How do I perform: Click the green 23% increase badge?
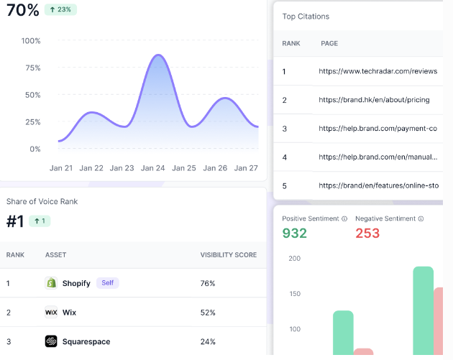click(x=60, y=9)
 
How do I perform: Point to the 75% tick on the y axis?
click(x=32, y=68)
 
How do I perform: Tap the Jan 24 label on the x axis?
click(x=153, y=168)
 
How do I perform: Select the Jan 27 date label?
click(x=247, y=168)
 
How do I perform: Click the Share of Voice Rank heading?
click(x=42, y=202)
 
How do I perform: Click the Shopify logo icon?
click(x=51, y=283)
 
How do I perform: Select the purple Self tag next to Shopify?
click(x=107, y=283)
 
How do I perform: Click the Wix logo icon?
click(x=51, y=313)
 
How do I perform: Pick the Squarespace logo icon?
click(x=51, y=341)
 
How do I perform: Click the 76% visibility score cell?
click(x=208, y=283)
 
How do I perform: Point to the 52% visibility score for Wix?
click(x=208, y=313)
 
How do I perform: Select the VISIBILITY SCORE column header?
click(x=228, y=255)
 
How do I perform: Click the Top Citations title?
click(x=306, y=16)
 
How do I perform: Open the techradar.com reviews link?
click(x=378, y=72)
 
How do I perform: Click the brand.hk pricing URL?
click(x=374, y=100)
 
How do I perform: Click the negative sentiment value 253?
click(x=367, y=233)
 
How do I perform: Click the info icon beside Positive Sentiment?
click(x=344, y=218)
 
